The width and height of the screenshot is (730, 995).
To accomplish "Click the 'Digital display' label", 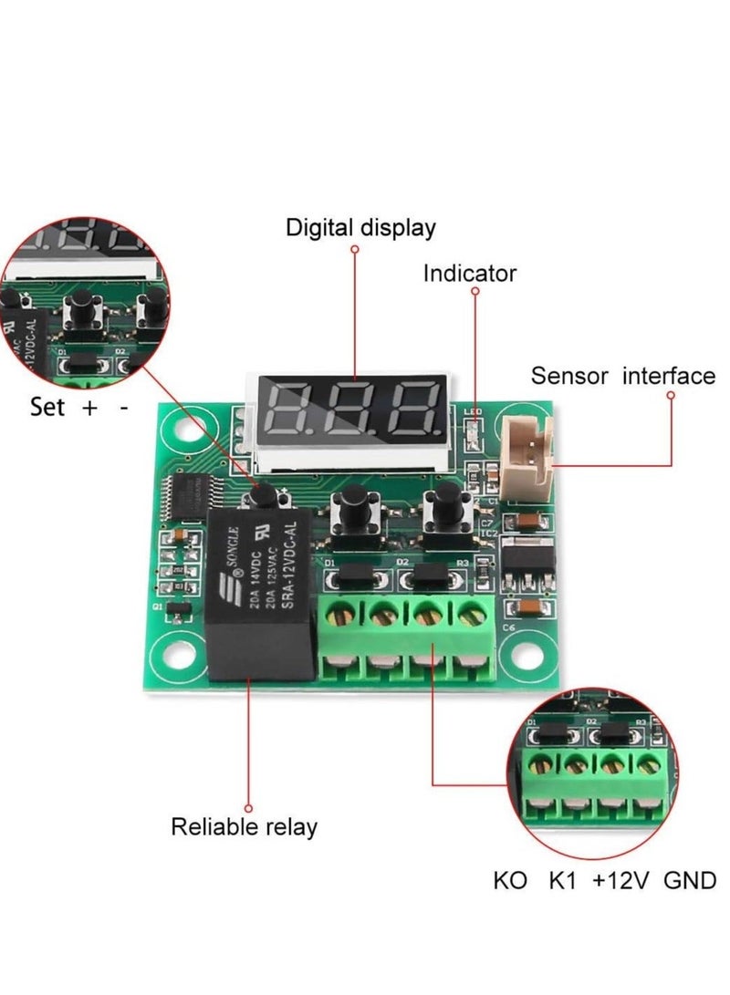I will coord(360,227).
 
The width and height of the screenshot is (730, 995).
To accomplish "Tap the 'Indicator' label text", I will coord(469,274).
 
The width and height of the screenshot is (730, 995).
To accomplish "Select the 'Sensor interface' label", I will coord(623,376).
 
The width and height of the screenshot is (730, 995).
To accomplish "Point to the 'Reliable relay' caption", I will coord(245,827).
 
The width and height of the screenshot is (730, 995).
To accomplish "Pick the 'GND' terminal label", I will coord(689,882).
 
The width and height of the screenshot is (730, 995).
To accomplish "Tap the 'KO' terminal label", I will coord(510,882).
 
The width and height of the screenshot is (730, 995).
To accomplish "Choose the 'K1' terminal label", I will coord(563,882).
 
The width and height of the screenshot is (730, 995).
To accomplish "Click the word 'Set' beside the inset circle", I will coord(47,407).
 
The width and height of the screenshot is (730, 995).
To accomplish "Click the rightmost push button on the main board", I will coord(445,505).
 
